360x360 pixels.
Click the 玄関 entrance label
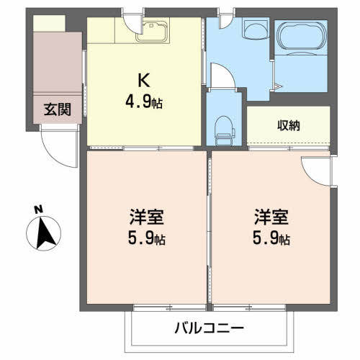pyautogui.click(x=58, y=109)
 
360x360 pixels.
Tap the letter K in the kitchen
pyautogui.click(x=144, y=80)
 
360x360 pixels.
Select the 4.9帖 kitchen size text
pyautogui.click(x=144, y=102)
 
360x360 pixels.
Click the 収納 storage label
pyautogui.click(x=289, y=125)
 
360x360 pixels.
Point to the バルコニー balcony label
pyautogui.click(x=209, y=328)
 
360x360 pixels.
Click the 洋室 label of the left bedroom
pyautogui.click(x=147, y=217)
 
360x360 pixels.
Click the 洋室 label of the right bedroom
pyautogui.click(x=271, y=217)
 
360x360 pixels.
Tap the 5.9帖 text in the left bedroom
pyautogui.click(x=147, y=238)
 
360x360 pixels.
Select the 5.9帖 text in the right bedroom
pyautogui.click(x=271, y=238)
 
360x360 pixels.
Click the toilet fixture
pyautogui.click(x=225, y=130)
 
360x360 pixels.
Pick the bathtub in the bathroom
pyautogui.click(x=302, y=36)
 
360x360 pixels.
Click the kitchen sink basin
pyautogui.click(x=152, y=32)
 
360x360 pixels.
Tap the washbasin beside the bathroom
pyautogui.click(x=255, y=30)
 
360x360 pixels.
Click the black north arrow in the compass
pyautogui.click(x=45, y=233)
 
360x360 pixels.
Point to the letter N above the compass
pyautogui.click(x=38, y=210)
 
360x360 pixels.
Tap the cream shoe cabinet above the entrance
pyautogui.click(x=49, y=23)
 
